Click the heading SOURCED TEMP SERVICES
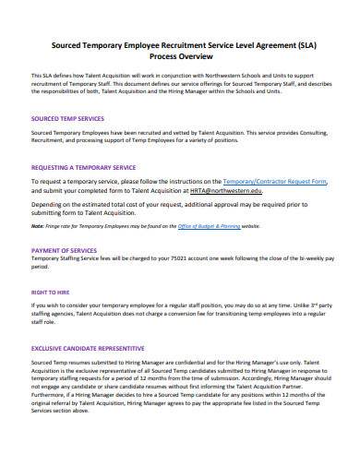pos(67,119)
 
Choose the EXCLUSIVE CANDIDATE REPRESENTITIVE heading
pos(88,348)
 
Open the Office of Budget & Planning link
pos(210,226)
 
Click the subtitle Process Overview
pos(180,54)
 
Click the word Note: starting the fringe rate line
pos(37,226)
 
